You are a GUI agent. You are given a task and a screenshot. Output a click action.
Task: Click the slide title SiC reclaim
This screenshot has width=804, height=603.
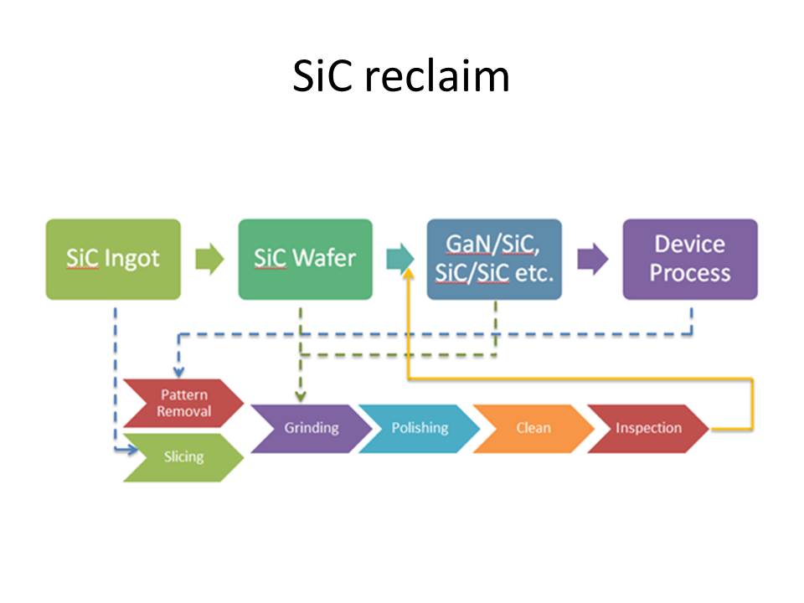pos(401,77)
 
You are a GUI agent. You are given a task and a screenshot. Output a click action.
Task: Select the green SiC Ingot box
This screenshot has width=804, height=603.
pos(113,259)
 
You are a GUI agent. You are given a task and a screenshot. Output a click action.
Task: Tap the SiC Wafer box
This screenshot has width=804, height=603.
pos(305,259)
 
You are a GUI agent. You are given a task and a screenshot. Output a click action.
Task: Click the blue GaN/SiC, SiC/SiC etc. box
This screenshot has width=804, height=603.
pos(494,259)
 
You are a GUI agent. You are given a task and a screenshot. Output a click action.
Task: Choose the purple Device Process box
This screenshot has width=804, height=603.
pos(689,259)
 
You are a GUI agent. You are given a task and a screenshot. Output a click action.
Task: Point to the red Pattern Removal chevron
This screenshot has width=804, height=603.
pos(183,403)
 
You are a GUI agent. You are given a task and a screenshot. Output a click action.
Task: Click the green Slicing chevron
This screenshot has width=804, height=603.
pos(183,457)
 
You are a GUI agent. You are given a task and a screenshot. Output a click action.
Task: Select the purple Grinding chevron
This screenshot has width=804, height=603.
pos(310,428)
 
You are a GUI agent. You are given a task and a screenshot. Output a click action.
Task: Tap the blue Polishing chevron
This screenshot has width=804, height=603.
pos(419,428)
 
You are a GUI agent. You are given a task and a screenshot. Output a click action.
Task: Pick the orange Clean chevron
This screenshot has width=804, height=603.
pos(533,428)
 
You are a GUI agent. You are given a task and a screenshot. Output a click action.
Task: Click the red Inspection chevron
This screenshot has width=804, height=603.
pos(647,428)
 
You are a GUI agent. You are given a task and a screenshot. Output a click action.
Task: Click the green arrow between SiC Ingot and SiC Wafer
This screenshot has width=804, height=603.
pos(209,259)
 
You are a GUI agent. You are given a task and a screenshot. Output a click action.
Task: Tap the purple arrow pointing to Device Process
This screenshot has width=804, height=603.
pos(593,259)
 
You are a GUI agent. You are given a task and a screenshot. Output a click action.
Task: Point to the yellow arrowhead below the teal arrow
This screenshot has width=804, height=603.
pos(410,276)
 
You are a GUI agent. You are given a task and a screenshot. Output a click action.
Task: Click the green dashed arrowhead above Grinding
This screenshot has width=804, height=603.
pos(300,394)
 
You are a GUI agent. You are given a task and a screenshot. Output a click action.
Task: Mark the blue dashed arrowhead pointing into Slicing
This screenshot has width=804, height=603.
pos(131,451)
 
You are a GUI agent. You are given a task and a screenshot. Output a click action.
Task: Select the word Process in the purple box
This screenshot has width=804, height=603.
pos(690,273)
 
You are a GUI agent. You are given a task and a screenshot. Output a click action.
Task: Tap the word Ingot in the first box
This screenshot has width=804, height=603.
pos(132,259)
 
